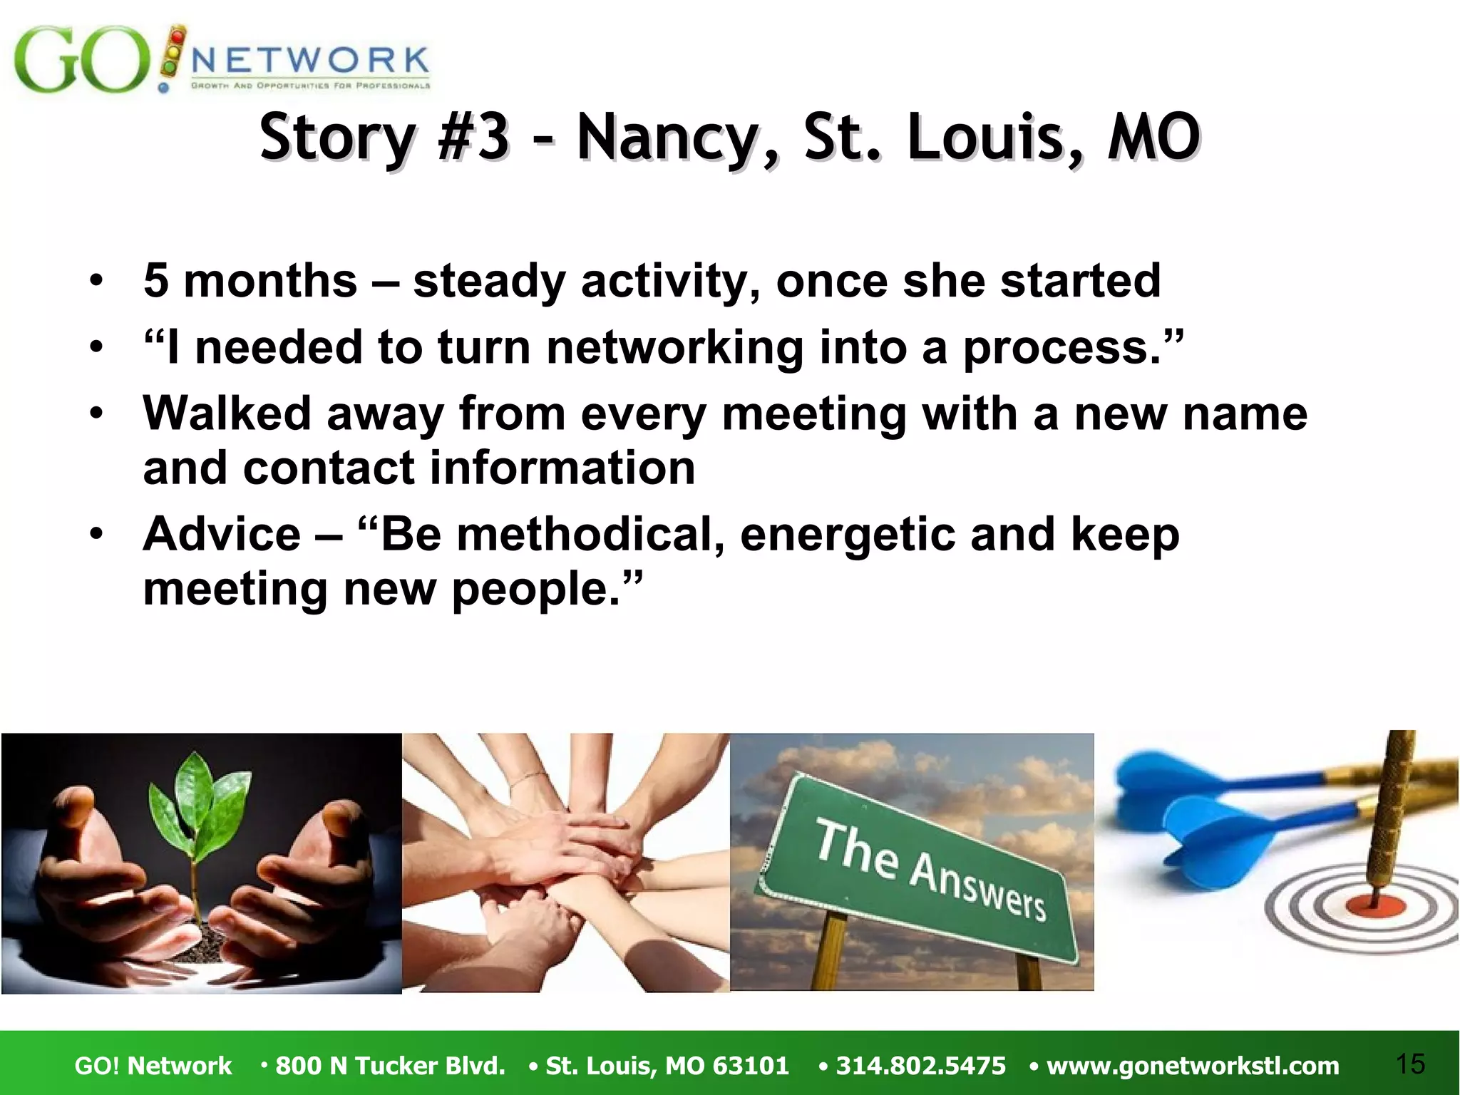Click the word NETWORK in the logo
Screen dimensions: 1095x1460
pos(310,60)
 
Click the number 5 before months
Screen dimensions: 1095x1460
pos(156,281)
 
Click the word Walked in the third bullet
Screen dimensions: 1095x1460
pos(227,413)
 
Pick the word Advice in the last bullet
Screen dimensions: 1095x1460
pos(222,534)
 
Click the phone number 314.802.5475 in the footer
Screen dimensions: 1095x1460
pos(920,1066)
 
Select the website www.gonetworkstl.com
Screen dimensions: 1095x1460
pos(1192,1066)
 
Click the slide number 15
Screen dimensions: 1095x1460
pos(1410,1064)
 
